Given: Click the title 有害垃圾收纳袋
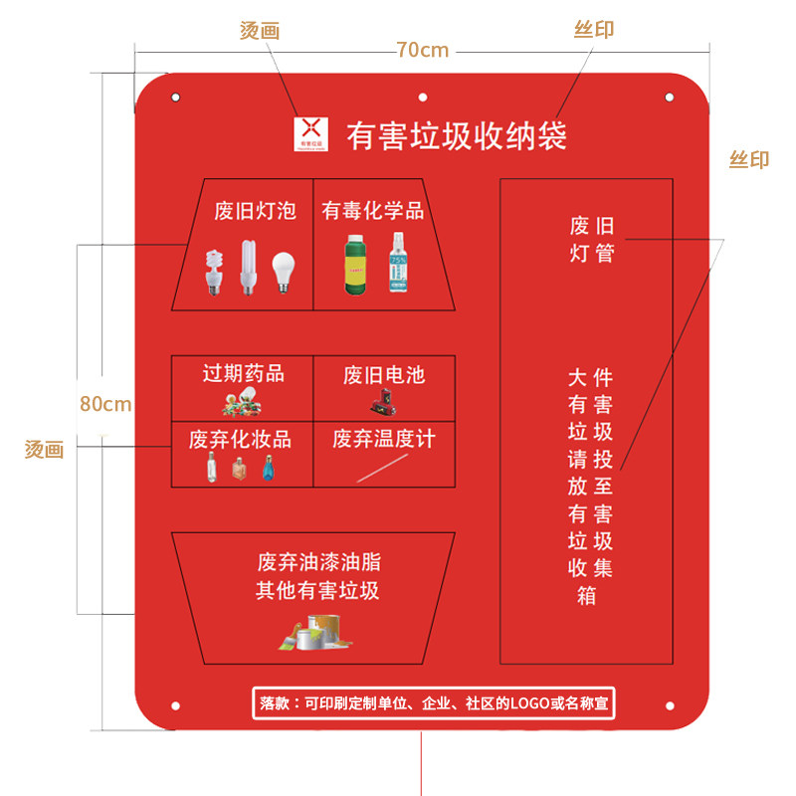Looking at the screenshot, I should click(x=457, y=135).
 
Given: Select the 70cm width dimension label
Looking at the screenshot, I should click(x=422, y=50).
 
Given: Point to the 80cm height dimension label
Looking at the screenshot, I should click(x=105, y=404).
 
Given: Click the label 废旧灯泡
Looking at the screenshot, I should click(x=256, y=211).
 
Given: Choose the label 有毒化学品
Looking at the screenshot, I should click(x=372, y=211).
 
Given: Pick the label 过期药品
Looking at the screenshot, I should click(x=244, y=373).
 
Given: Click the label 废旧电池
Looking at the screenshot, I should click(x=384, y=374).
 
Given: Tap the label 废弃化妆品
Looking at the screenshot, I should click(x=242, y=440).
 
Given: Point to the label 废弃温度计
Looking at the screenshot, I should click(x=384, y=439).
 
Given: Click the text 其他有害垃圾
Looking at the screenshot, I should click(x=317, y=590).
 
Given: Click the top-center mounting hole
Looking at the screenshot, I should click(x=423, y=98).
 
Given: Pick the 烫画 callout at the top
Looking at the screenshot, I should click(x=260, y=31).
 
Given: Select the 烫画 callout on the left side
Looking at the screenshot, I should click(x=45, y=450).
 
